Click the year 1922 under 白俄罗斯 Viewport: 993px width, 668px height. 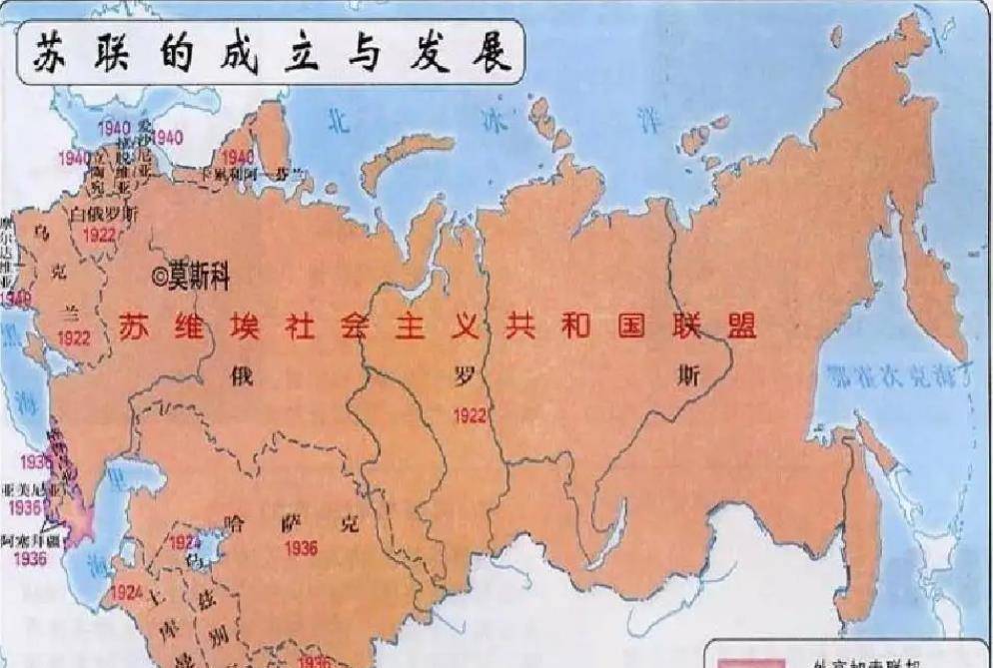100,234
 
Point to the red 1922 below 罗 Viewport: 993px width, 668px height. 469,415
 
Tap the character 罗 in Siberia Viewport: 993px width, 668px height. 465,377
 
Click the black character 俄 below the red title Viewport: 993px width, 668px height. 240,377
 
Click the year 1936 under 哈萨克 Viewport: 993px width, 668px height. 301,548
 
